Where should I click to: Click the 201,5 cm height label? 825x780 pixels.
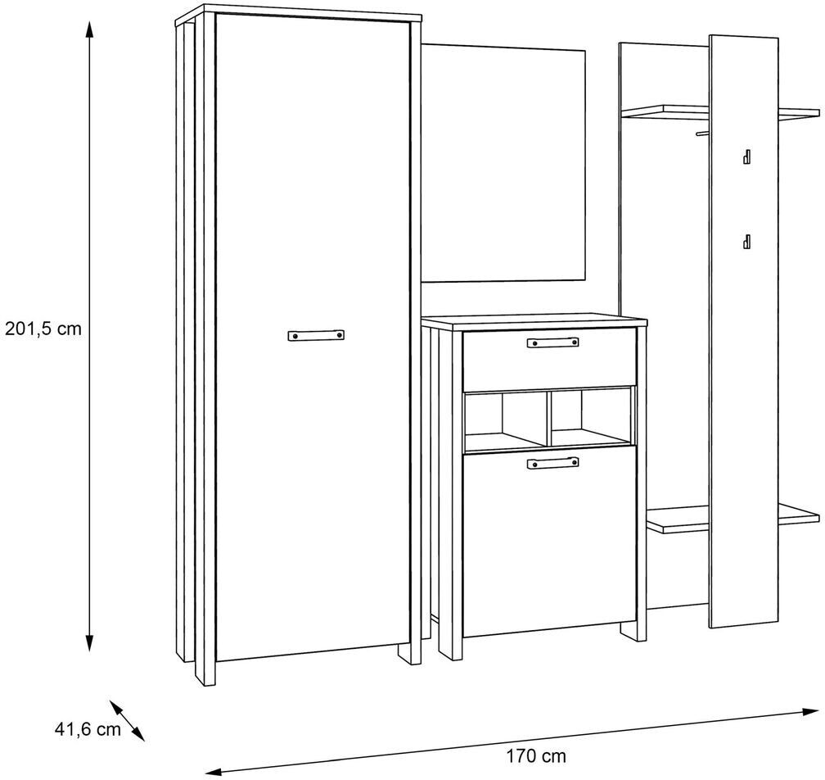[x=43, y=329]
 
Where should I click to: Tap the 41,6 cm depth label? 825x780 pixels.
[x=88, y=729]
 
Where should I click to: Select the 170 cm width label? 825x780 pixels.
[x=536, y=756]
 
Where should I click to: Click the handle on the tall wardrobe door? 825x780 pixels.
[x=316, y=335]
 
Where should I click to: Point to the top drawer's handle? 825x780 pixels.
[x=553, y=342]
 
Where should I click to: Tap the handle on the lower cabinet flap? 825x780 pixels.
[x=552, y=463]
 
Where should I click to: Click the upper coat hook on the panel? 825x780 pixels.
[x=746, y=156]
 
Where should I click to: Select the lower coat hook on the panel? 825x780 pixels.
[x=746, y=241]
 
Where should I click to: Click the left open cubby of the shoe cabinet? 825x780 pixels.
[x=505, y=419]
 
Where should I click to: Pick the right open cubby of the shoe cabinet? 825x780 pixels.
[x=590, y=418]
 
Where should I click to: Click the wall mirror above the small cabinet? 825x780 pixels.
[x=503, y=163]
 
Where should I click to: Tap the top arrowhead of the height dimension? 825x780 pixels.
[x=89, y=29]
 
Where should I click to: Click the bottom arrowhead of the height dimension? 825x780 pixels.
[x=89, y=643]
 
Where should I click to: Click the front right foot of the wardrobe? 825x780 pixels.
[x=410, y=653]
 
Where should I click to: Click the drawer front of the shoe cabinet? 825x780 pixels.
[x=549, y=360]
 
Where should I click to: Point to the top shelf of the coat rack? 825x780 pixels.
[x=719, y=112]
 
